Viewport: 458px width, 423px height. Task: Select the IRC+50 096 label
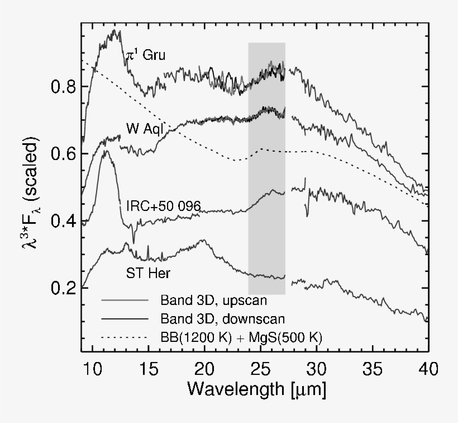tap(163, 206)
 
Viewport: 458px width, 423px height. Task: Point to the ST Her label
tap(147, 274)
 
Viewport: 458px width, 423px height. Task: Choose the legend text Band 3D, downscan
tap(222, 319)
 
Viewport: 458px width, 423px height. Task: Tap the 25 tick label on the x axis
tap(261, 369)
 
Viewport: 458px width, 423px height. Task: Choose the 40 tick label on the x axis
tap(428, 369)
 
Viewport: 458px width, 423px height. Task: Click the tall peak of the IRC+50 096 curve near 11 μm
tap(106, 152)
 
